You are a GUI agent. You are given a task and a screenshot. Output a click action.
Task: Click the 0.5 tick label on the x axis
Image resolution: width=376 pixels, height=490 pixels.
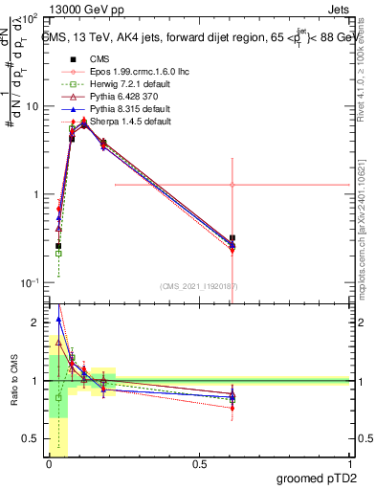point(198,462)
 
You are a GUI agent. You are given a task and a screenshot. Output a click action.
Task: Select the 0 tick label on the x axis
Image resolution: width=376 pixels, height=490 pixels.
point(48,462)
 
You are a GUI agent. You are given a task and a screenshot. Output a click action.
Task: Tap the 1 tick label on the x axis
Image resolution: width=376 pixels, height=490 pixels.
point(348,462)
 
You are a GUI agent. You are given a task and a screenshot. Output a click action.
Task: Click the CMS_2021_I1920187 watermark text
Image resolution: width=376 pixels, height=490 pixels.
point(199,285)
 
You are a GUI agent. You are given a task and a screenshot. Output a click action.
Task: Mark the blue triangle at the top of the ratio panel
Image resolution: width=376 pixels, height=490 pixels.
point(58,320)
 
